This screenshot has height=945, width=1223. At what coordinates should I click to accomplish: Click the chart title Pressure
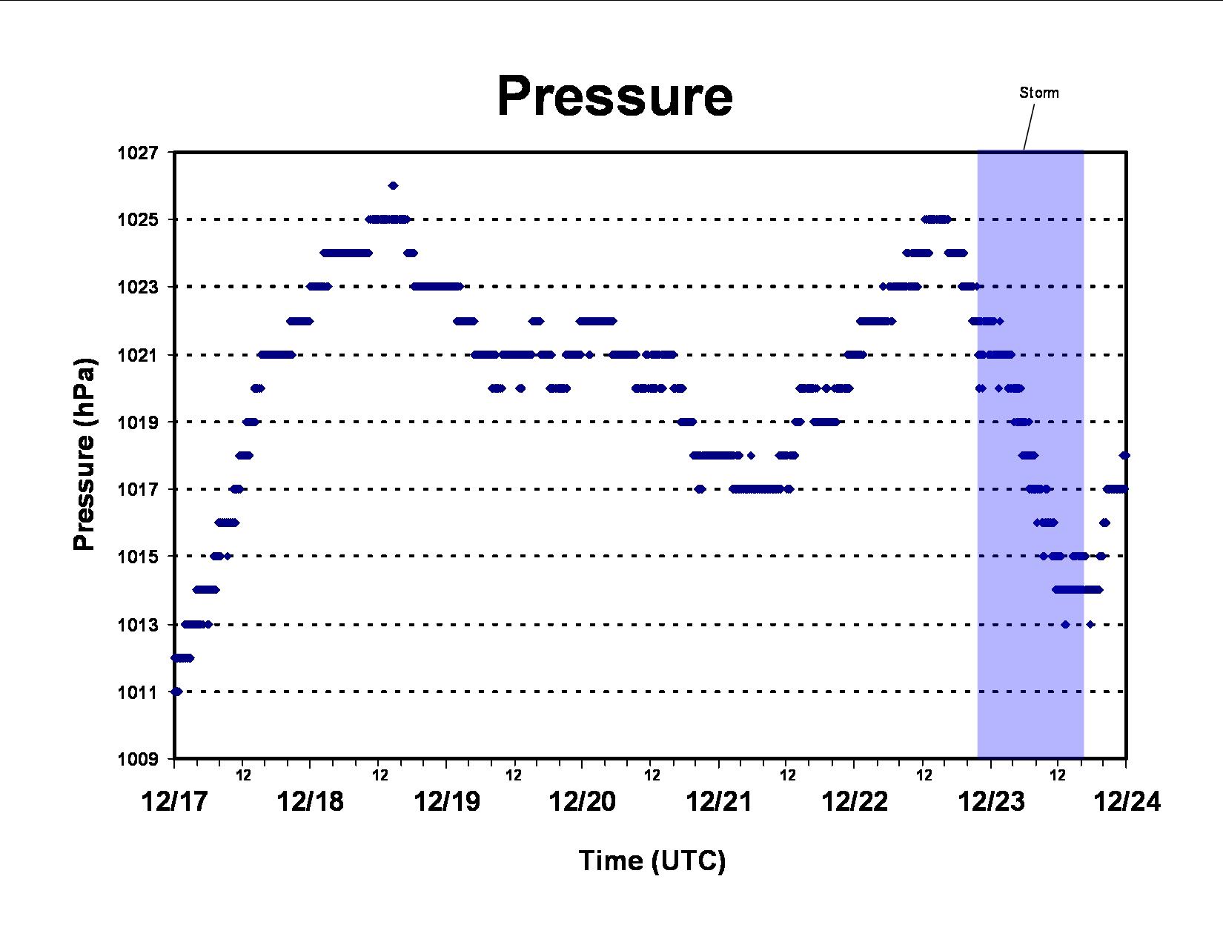pos(614,96)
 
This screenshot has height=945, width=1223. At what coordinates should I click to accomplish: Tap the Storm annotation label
pos(1039,93)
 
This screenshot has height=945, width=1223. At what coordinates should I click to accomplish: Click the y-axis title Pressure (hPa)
pos(85,454)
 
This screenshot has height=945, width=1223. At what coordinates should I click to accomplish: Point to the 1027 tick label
pos(138,153)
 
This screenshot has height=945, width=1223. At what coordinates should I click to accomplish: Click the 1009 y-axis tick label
pos(138,759)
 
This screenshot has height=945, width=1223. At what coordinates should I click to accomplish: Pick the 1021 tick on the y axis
pos(138,355)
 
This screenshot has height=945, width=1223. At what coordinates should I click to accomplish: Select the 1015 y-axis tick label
pos(138,557)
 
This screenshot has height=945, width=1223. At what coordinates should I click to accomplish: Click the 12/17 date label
pos(174,801)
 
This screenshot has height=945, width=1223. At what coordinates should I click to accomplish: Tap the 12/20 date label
pos(583,801)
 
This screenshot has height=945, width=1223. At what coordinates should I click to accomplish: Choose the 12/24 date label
pos(1127,801)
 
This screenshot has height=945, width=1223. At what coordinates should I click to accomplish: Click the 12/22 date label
pos(855,801)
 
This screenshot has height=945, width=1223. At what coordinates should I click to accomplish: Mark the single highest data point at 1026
pos(394,186)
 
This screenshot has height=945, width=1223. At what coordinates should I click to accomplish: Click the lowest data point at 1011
pos(176,692)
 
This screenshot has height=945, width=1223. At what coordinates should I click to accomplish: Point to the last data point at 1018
pos(1124,455)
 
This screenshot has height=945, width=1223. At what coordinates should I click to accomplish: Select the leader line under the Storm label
pos(1029,127)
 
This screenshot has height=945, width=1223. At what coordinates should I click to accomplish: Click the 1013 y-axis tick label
pos(138,625)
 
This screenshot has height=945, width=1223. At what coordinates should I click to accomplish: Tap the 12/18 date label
pos(310,801)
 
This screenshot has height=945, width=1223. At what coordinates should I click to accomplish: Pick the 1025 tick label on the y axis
pos(138,219)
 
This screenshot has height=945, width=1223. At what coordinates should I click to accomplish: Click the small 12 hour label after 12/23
pos(1058,775)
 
